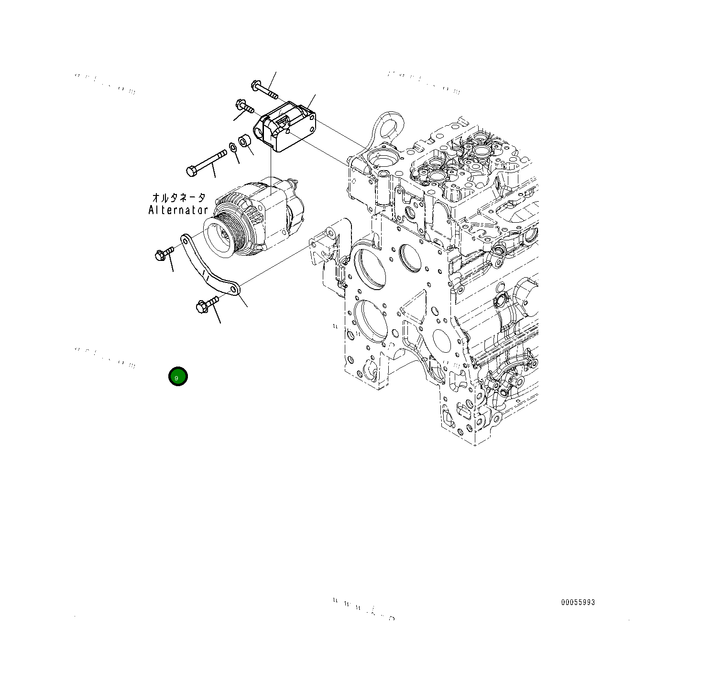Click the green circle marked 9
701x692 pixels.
pyautogui.click(x=178, y=377)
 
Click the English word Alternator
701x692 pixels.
pyautogui.click(x=178, y=210)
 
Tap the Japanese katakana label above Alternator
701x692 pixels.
pyautogui.click(x=179, y=197)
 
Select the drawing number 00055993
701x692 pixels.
pyautogui.click(x=578, y=602)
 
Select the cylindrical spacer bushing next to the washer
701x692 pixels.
pyautogui.click(x=245, y=141)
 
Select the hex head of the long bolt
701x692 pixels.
pyautogui.click(x=190, y=171)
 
